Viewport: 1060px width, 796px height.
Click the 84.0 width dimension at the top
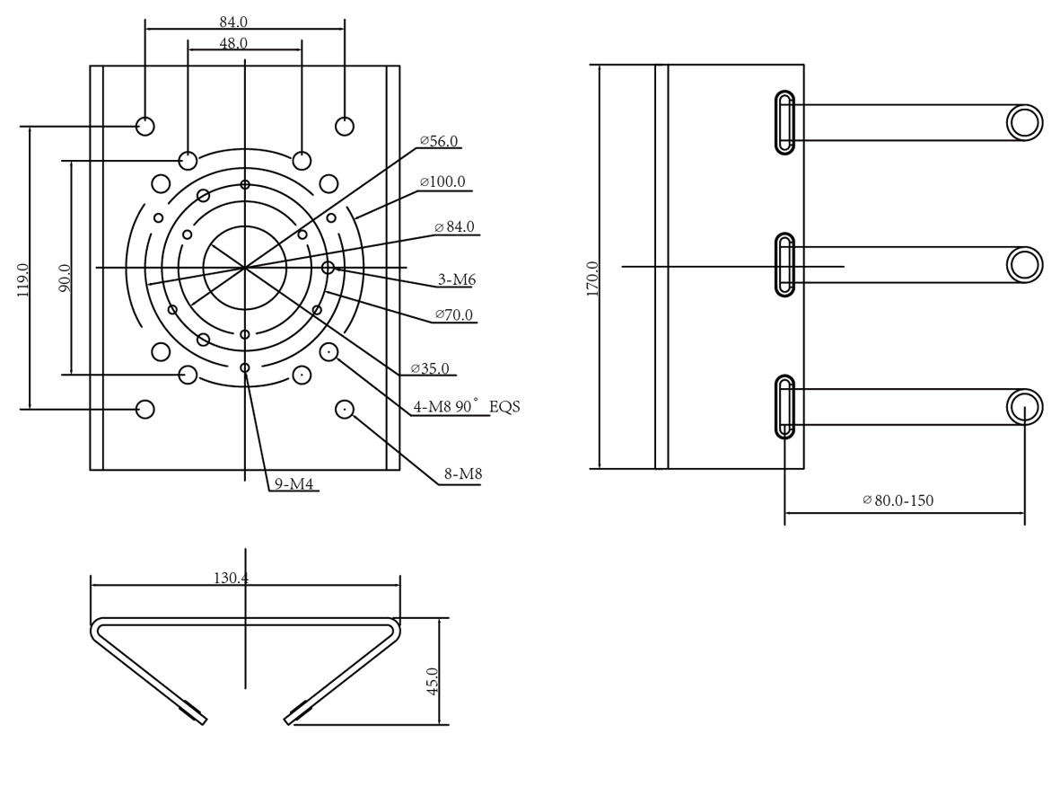(x=233, y=22)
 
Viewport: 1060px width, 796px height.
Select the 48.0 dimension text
(x=233, y=43)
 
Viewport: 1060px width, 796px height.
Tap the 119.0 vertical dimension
(x=23, y=280)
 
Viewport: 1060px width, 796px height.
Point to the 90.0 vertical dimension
(x=65, y=279)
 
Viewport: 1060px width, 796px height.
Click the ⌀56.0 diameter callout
(x=439, y=141)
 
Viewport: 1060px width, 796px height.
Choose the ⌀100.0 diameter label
(x=442, y=182)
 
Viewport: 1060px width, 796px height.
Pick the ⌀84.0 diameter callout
(x=454, y=226)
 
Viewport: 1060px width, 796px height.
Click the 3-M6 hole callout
(x=457, y=279)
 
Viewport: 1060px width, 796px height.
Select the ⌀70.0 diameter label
(x=453, y=314)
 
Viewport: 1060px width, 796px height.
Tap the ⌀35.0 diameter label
(x=430, y=368)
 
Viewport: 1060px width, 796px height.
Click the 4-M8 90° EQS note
(x=467, y=406)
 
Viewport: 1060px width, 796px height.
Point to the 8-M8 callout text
(x=463, y=473)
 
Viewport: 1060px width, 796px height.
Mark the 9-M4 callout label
(x=293, y=484)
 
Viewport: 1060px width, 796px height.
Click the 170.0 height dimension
(x=593, y=279)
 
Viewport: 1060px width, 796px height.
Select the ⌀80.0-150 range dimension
(x=898, y=500)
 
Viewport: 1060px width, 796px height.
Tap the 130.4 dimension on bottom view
(x=232, y=578)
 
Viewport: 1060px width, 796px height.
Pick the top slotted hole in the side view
(x=784, y=122)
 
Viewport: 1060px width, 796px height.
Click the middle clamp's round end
(x=1024, y=265)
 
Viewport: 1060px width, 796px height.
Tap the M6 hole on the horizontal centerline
(x=328, y=268)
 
